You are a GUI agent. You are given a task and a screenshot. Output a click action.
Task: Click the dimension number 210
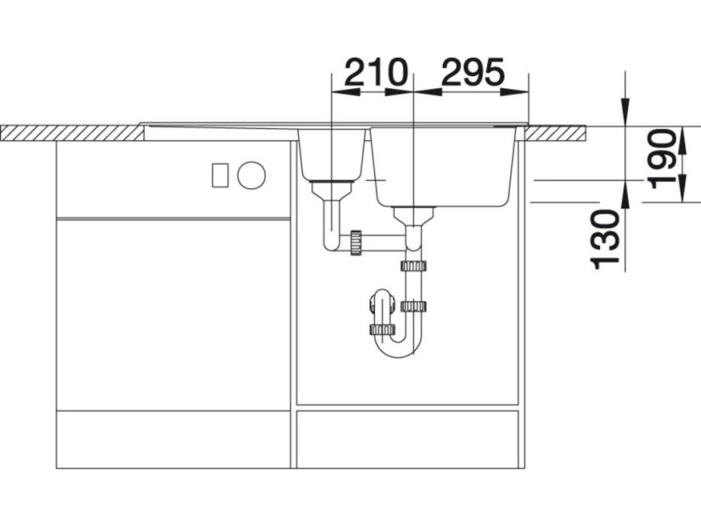pyautogui.click(x=376, y=71)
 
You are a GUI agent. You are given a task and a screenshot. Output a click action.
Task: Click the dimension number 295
pyautogui.click(x=473, y=71)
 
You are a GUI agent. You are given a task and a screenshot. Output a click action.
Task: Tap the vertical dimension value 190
pyautogui.click(x=663, y=159)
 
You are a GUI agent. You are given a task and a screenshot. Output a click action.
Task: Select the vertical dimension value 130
pyautogui.click(x=606, y=239)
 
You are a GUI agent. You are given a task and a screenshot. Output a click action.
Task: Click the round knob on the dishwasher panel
pyautogui.click(x=251, y=175)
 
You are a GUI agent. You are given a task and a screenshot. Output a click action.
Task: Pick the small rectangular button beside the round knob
pyautogui.click(x=220, y=175)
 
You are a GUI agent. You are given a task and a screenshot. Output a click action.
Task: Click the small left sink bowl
pyautogui.click(x=332, y=154)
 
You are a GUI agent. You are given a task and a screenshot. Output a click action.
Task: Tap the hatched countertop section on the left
pyautogui.click(x=72, y=133)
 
